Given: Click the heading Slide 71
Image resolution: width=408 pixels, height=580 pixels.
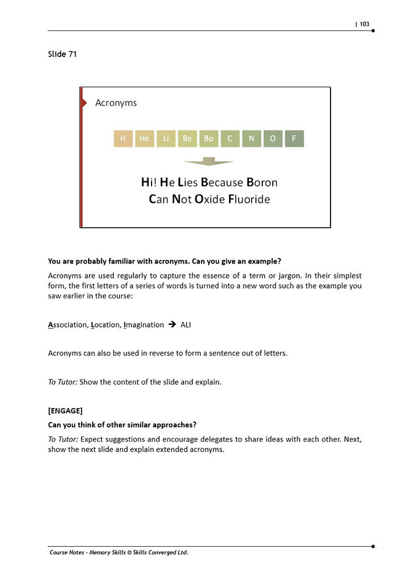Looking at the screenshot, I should pyautogui.click(x=62, y=54).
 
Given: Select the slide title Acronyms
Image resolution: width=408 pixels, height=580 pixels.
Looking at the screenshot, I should pyautogui.click(x=116, y=103).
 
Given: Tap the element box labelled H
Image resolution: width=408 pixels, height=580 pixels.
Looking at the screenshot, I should pyautogui.click(x=122, y=139).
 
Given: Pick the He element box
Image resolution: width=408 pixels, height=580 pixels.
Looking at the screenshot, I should pyautogui.click(x=144, y=139).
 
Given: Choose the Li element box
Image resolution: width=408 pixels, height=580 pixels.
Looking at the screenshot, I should pyautogui.click(x=166, y=139).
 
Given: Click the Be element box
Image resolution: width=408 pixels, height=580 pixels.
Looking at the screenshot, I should pyautogui.click(x=187, y=139).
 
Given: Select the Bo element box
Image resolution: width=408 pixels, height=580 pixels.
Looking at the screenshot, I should pyautogui.click(x=209, y=139).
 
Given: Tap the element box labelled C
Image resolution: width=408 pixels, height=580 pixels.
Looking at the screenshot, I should pyautogui.click(x=230, y=139).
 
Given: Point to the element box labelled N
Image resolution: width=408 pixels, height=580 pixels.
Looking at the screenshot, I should pyautogui.click(x=251, y=139).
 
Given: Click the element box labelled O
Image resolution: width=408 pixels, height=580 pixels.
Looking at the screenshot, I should pyautogui.click(x=273, y=139).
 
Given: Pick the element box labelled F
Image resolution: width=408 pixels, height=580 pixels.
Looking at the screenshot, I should pyautogui.click(x=294, y=139).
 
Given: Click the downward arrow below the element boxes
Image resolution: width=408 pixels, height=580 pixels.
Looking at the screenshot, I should pyautogui.click(x=209, y=161).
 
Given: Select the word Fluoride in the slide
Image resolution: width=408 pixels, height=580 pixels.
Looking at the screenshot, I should pyautogui.click(x=249, y=199).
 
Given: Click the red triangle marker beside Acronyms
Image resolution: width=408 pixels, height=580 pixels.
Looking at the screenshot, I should pyautogui.click(x=84, y=103).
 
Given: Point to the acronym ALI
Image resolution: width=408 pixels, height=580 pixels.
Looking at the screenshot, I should pyautogui.click(x=185, y=325).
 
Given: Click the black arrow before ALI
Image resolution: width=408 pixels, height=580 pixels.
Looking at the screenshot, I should pyautogui.click(x=172, y=325).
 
